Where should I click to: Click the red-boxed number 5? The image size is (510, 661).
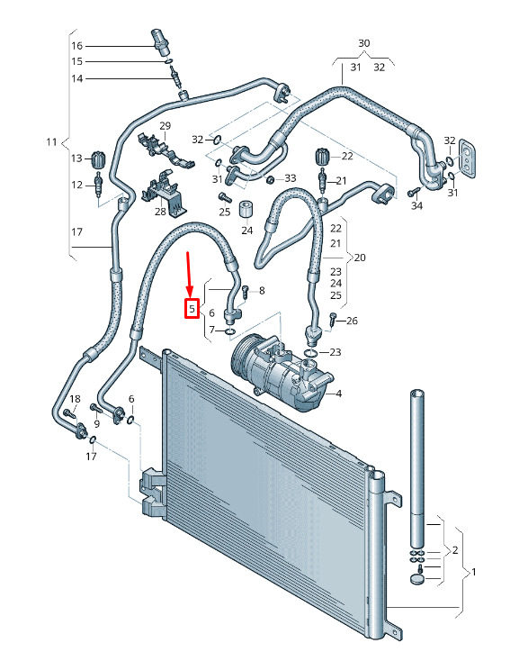pos(192,309)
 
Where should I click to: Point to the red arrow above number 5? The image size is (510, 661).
pos(189,275)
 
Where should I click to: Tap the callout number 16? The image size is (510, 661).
pos(77,46)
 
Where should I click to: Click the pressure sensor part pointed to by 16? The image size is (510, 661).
pos(160,41)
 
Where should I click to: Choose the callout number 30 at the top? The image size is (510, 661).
pos(364,43)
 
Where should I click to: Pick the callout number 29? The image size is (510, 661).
pos(166,125)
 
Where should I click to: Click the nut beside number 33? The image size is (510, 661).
pos(272,180)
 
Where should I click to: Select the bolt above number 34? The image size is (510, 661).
pos(414,192)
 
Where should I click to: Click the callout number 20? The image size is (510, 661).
pos(360,258)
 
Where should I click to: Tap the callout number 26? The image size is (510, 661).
pos(352,321)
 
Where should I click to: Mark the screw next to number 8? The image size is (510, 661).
pos(245,292)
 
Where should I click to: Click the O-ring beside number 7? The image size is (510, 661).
pos(230,331)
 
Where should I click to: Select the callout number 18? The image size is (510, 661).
pos(75,399)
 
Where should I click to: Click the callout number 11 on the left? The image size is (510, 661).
pos(51,141)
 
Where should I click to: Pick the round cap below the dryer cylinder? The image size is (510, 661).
pos(417,578)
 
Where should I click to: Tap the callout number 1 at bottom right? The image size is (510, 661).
pos(474,572)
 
